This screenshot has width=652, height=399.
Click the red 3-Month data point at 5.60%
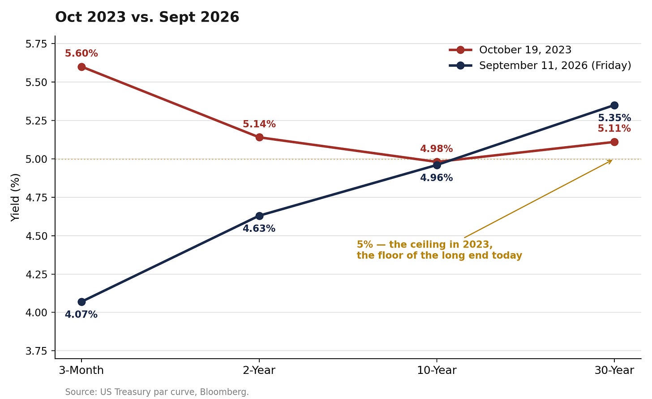click(81, 67)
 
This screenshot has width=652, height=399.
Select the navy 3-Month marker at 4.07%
click(81, 302)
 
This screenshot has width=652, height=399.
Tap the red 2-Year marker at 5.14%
click(259, 137)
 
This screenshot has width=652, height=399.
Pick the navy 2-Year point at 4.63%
click(259, 216)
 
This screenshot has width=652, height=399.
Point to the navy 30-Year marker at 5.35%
click(614, 105)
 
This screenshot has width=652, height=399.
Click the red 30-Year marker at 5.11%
click(614, 142)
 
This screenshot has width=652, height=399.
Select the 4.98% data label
click(436, 149)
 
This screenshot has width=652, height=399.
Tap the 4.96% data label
click(436, 178)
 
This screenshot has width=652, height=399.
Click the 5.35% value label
click(614, 118)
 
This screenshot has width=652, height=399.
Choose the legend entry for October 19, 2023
click(510, 50)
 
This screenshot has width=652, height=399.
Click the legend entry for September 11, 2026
click(540, 65)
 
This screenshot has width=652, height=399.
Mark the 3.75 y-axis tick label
click(36, 351)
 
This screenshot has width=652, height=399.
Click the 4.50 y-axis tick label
click(36, 236)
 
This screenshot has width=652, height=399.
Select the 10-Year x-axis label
click(437, 370)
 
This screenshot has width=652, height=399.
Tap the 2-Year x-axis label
click(259, 370)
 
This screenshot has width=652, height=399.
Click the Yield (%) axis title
click(15, 197)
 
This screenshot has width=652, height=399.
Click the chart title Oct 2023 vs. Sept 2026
click(147, 17)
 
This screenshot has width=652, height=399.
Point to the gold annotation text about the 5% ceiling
click(439, 250)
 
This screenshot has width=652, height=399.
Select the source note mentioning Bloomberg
click(157, 392)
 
